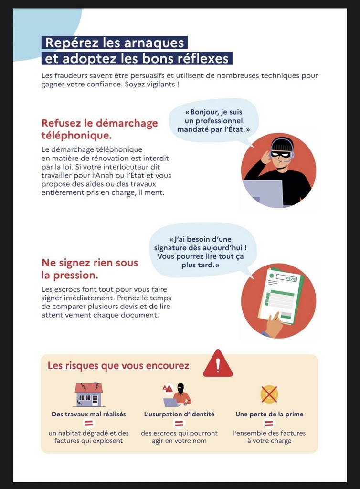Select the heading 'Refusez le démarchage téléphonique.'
pos(99,129)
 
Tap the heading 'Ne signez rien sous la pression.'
pos(89,269)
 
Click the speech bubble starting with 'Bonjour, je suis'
pos(213,120)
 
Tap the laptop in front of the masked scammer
pos(263,193)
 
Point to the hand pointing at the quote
pos(274,325)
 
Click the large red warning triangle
pos(218,364)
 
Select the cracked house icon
pos(89,394)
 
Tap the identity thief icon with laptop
pos(178,394)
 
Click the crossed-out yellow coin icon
pos(269,394)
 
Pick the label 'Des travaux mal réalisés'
pos(89,414)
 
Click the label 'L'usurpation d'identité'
pos(179,414)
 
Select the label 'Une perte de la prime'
pos(269,414)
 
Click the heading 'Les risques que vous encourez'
pos(118,366)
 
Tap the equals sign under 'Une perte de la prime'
pos(269,424)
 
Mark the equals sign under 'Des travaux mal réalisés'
pos(89,424)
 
